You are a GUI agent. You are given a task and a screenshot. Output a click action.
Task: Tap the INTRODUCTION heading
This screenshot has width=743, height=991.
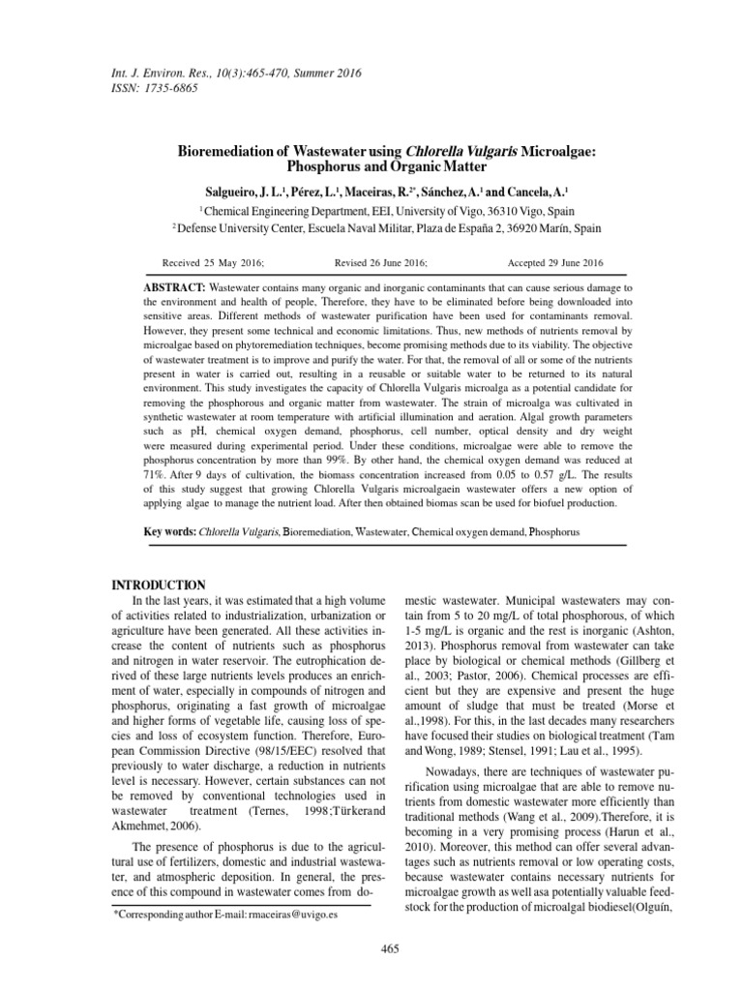click(x=159, y=586)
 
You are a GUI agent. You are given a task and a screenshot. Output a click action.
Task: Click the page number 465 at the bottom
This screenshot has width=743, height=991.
click(x=390, y=946)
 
